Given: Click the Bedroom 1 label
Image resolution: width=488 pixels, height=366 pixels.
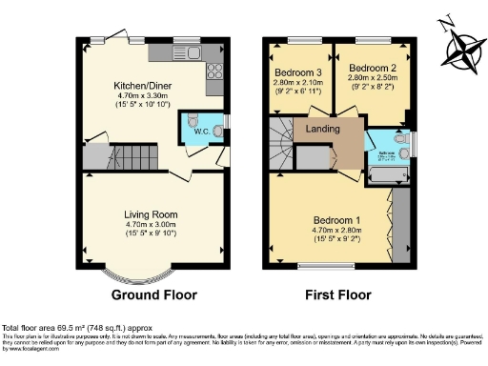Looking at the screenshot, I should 342,220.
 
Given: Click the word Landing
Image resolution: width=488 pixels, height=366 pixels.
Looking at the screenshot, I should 323,128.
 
